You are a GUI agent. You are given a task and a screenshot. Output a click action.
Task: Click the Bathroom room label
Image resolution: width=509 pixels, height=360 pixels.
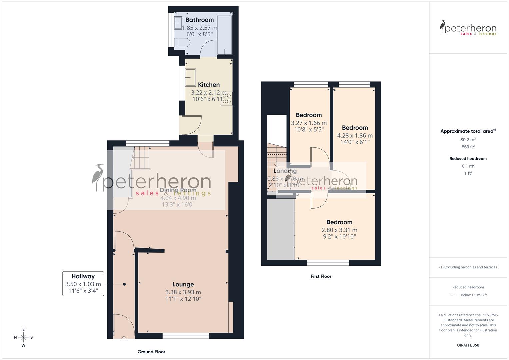click(199, 20)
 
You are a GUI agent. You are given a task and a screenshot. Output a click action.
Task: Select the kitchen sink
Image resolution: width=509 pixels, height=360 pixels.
click(190, 77)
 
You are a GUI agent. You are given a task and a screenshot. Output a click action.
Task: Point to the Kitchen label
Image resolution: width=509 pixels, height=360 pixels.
click(209, 85)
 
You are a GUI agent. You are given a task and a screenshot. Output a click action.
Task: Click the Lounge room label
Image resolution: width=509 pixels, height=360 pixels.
click(183, 284)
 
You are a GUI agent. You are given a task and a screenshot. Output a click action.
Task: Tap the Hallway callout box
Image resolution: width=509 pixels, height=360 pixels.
click(83, 284)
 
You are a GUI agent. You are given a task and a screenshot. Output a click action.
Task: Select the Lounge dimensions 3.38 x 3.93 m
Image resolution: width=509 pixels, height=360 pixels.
click(183, 292)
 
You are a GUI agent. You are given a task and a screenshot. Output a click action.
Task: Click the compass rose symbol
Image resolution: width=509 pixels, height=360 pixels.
click(23, 337)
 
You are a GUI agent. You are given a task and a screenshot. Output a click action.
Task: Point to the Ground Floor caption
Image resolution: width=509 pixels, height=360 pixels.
click(151, 352)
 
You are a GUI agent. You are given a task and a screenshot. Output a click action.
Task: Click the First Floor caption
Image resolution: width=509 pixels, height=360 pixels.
click(321, 276)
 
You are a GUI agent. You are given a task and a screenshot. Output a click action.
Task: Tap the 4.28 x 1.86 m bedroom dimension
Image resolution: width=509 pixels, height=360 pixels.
click(355, 136)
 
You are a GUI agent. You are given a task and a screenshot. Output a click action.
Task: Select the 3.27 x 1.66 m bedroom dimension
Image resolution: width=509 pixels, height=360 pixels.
click(309, 123)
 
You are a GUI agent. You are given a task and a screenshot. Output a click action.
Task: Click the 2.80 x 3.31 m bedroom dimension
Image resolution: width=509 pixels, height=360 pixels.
click(339, 230)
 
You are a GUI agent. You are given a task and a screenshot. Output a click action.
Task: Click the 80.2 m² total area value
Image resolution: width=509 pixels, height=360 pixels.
click(468, 140)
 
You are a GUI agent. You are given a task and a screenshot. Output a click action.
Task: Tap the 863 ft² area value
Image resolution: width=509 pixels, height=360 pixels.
click(468, 147)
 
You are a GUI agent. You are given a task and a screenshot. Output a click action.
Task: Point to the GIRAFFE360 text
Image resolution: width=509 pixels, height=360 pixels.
click(468, 345)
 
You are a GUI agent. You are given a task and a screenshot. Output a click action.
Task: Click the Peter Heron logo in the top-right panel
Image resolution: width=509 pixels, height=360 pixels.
click(468, 28)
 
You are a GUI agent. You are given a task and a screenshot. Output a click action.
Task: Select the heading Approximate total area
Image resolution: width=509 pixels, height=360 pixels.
click(467, 131)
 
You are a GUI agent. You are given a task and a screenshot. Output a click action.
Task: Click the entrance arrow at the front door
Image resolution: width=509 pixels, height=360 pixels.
click(124, 339)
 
